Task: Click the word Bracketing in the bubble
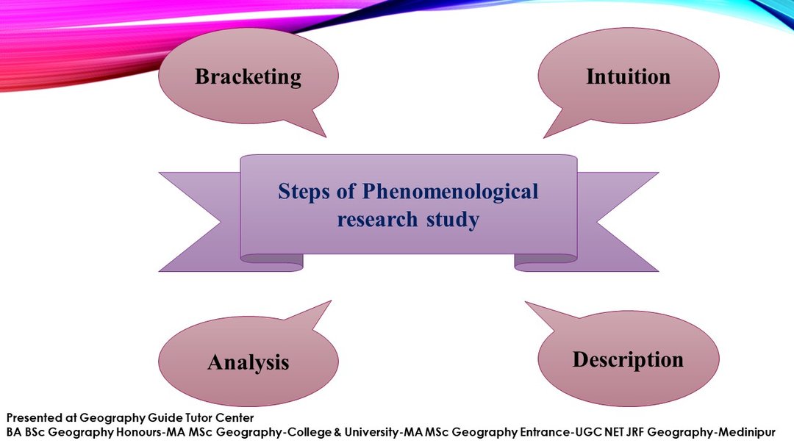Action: pos(248,76)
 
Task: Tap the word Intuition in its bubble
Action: pos(628,76)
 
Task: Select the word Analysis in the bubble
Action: pos(248,362)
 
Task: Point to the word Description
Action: pos(628,359)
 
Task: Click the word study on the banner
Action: pos(454,219)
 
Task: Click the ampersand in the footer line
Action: pos(337,432)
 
